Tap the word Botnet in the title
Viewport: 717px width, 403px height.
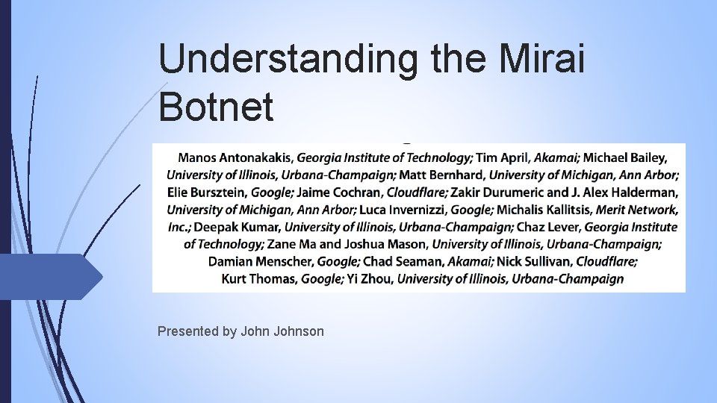click(217, 107)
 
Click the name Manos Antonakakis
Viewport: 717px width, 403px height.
click(235, 158)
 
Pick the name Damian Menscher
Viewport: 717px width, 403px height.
click(261, 262)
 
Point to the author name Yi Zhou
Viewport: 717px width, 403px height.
click(373, 279)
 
